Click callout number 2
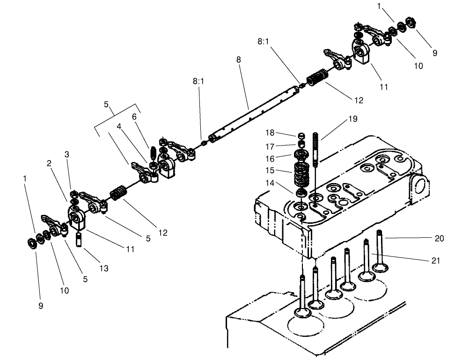[x=49, y=163]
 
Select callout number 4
[x=119, y=126]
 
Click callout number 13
[x=103, y=268]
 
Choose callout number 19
[x=352, y=119]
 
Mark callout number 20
[x=439, y=238]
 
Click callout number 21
[x=436, y=261]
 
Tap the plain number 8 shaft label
[x=239, y=60]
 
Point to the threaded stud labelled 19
[x=316, y=150]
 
